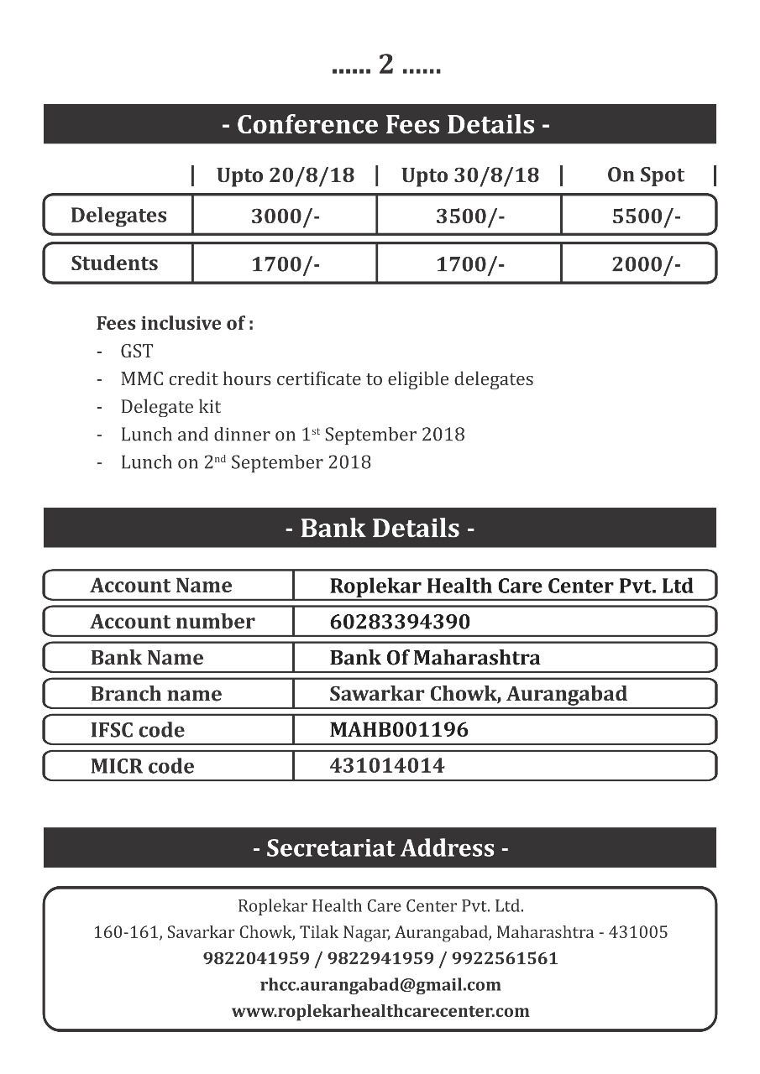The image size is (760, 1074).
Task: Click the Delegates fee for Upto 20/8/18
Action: pyautogui.click(x=286, y=216)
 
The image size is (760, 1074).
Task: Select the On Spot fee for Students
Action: pyautogui.click(x=646, y=264)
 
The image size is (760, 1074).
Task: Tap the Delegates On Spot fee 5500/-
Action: pyautogui.click(x=646, y=216)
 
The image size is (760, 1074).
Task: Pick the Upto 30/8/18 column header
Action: pyautogui.click(x=470, y=175)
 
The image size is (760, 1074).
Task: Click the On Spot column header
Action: pyautogui.click(x=646, y=175)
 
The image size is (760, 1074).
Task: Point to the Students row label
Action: pyautogui.click(x=114, y=263)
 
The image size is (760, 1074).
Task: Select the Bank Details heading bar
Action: pyautogui.click(x=380, y=529)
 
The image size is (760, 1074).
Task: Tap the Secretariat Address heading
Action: pyautogui.click(x=380, y=848)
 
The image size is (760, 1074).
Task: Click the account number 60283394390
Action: pyautogui.click(x=400, y=622)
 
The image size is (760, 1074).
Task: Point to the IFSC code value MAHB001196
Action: pyautogui.click(x=399, y=730)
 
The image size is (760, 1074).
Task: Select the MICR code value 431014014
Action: pyautogui.click(x=387, y=765)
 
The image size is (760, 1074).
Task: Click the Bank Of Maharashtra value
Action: pyautogui.click(x=435, y=658)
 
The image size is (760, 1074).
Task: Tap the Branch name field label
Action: pyautogui.click(x=156, y=694)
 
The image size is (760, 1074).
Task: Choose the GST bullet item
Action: pyautogui.click(x=137, y=352)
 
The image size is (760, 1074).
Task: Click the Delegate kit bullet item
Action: pyautogui.click(x=170, y=407)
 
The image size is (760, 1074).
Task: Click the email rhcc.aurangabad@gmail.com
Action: pyautogui.click(x=380, y=984)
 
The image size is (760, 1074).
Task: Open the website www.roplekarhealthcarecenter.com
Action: pyautogui.click(x=380, y=1011)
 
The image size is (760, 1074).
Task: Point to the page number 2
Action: pyautogui.click(x=386, y=65)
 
